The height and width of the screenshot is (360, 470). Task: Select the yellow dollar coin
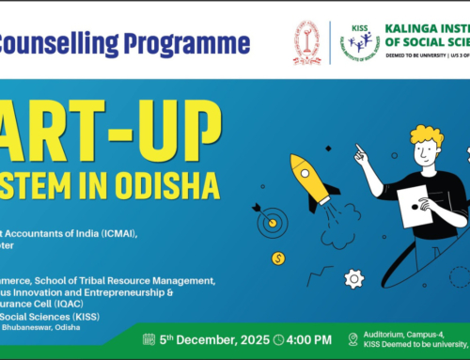[278, 258]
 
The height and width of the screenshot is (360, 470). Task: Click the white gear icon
[354, 278]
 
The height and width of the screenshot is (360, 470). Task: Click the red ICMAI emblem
[306, 45]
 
